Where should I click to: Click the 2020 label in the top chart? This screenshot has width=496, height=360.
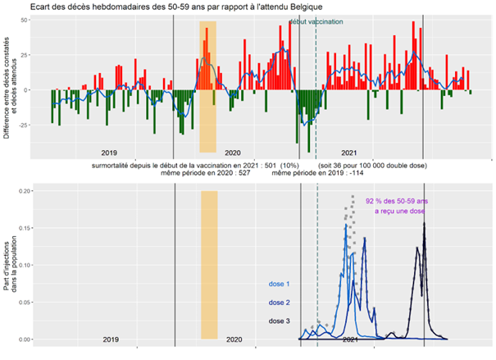click(x=233, y=153)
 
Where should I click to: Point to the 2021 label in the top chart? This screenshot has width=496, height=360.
click(x=349, y=153)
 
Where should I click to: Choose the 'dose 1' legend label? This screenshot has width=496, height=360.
click(x=279, y=285)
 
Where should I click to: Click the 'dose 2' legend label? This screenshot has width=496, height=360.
click(x=279, y=303)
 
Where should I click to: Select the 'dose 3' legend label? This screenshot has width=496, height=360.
click(x=279, y=321)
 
